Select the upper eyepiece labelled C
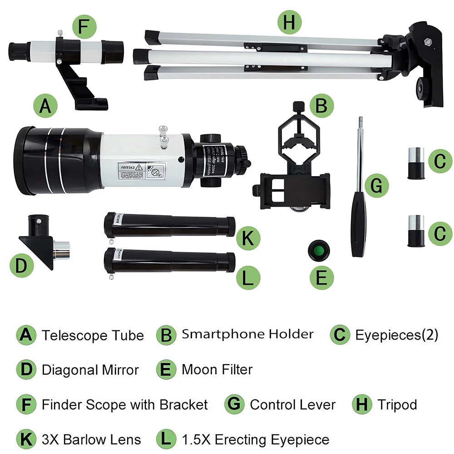(415, 163)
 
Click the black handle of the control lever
(358, 224)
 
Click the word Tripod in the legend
(397, 405)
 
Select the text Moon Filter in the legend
(217, 369)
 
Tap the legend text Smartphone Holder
(247, 335)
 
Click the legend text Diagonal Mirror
(90, 370)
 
